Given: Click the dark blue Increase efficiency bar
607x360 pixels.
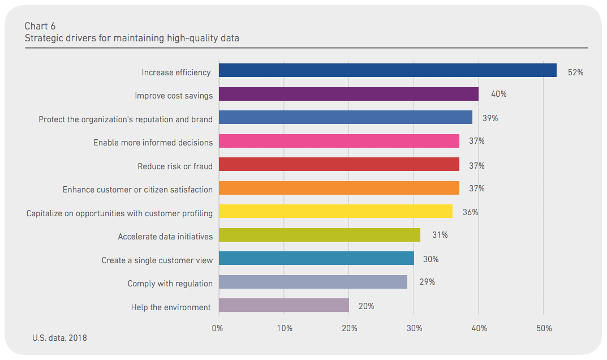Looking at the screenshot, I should [x=388, y=70].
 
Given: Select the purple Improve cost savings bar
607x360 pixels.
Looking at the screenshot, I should [x=348, y=94].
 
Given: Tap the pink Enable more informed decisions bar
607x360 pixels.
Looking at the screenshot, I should [x=339, y=141].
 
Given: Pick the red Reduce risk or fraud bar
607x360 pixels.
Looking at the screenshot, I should [x=339, y=164].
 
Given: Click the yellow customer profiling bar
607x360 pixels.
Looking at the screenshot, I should [x=335, y=211].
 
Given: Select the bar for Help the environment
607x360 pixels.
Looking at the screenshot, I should [x=284, y=305].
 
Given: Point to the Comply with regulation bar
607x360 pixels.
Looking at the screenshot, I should [x=313, y=282].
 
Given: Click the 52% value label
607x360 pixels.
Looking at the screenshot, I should [x=575, y=72].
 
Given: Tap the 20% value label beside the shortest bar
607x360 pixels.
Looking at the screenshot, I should [x=366, y=306].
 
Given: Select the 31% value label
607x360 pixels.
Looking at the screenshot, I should [x=440, y=235].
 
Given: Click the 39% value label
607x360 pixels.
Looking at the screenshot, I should [x=490, y=118].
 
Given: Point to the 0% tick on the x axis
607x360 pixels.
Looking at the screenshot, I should [x=217, y=328].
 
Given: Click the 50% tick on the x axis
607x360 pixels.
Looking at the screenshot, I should [x=544, y=328].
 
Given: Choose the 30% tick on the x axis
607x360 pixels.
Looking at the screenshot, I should [x=414, y=328].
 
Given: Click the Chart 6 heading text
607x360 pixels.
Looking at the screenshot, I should [x=40, y=26].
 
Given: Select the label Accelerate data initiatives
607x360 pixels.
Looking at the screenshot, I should [x=165, y=237].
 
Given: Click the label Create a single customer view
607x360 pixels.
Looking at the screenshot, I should [x=157, y=260].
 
